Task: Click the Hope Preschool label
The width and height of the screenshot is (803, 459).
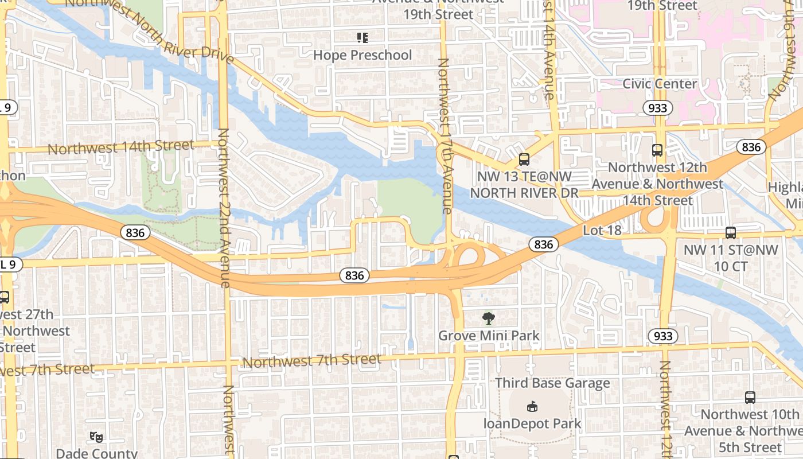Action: click(362, 55)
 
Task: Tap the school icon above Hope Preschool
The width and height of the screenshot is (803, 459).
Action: click(362, 38)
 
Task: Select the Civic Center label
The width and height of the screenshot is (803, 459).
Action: click(660, 84)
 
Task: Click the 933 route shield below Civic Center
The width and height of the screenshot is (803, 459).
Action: click(658, 108)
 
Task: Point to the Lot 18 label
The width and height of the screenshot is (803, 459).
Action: click(602, 230)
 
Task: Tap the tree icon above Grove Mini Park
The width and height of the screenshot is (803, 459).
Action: click(489, 318)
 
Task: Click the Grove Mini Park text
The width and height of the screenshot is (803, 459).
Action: click(489, 335)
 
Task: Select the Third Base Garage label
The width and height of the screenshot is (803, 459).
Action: click(552, 383)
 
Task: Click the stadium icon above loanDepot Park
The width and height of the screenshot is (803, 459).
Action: click(532, 407)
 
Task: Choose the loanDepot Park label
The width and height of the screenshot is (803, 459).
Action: click(532, 424)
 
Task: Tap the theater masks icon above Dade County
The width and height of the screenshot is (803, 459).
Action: click(96, 437)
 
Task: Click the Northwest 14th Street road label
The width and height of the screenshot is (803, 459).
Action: click(120, 147)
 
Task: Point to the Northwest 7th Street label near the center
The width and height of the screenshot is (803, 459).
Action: click(311, 361)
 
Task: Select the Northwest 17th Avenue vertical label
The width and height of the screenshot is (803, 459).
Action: click(445, 135)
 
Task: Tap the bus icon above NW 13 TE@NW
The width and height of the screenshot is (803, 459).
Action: click(524, 160)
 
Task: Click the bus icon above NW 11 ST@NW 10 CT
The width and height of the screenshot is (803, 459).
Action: click(730, 233)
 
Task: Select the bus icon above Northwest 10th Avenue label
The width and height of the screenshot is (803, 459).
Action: click(750, 397)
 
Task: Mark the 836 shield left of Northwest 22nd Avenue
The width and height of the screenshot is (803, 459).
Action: click(135, 232)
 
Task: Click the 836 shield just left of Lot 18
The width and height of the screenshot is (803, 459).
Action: click(543, 244)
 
